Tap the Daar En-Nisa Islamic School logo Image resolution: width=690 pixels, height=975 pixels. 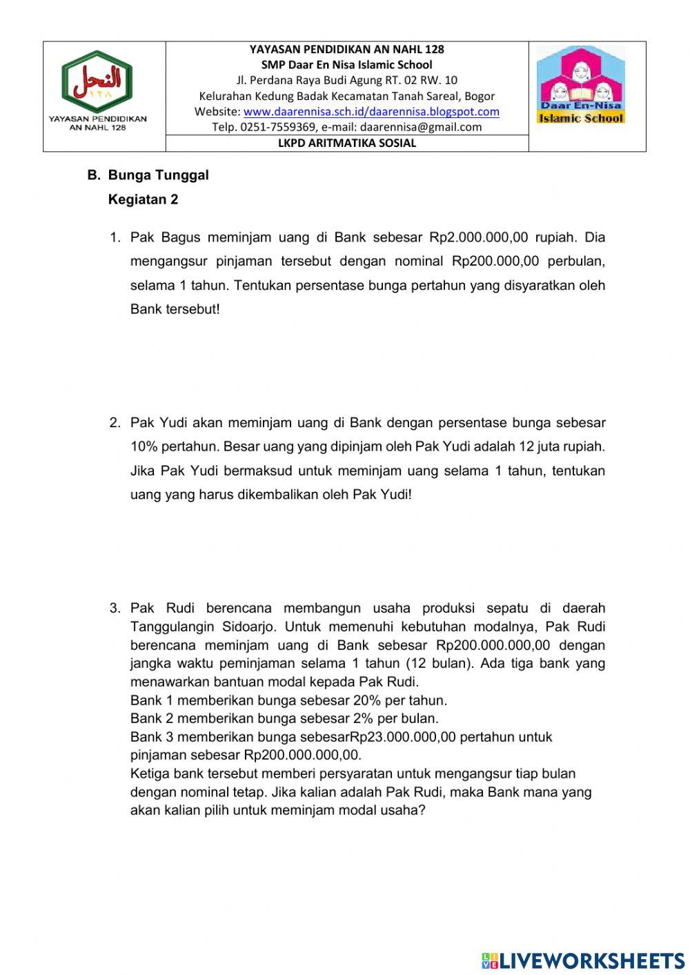pos(581,84)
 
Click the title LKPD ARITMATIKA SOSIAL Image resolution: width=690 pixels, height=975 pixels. pos(347,144)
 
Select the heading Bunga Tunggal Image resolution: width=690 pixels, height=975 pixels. pos(158,175)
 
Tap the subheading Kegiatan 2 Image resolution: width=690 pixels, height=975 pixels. pos(143,199)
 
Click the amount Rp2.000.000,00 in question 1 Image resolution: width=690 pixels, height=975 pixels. pos(478,237)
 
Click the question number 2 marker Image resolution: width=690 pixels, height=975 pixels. pos(115,422)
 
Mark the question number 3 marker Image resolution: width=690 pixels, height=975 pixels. pos(115,609)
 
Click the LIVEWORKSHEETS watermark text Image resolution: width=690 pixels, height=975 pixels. pos(592,961)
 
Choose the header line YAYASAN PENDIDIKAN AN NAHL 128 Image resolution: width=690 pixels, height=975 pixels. pos(347,49)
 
